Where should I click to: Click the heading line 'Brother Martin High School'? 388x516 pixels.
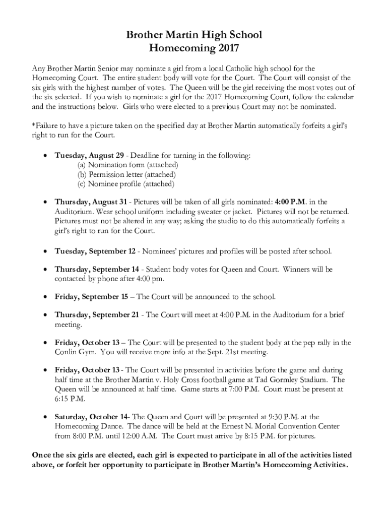194,35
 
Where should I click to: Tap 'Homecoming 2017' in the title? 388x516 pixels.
194,48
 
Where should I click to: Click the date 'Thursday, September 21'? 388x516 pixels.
97,315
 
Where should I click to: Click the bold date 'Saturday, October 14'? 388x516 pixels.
91,417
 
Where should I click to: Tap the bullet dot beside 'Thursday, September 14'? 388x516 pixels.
46,270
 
